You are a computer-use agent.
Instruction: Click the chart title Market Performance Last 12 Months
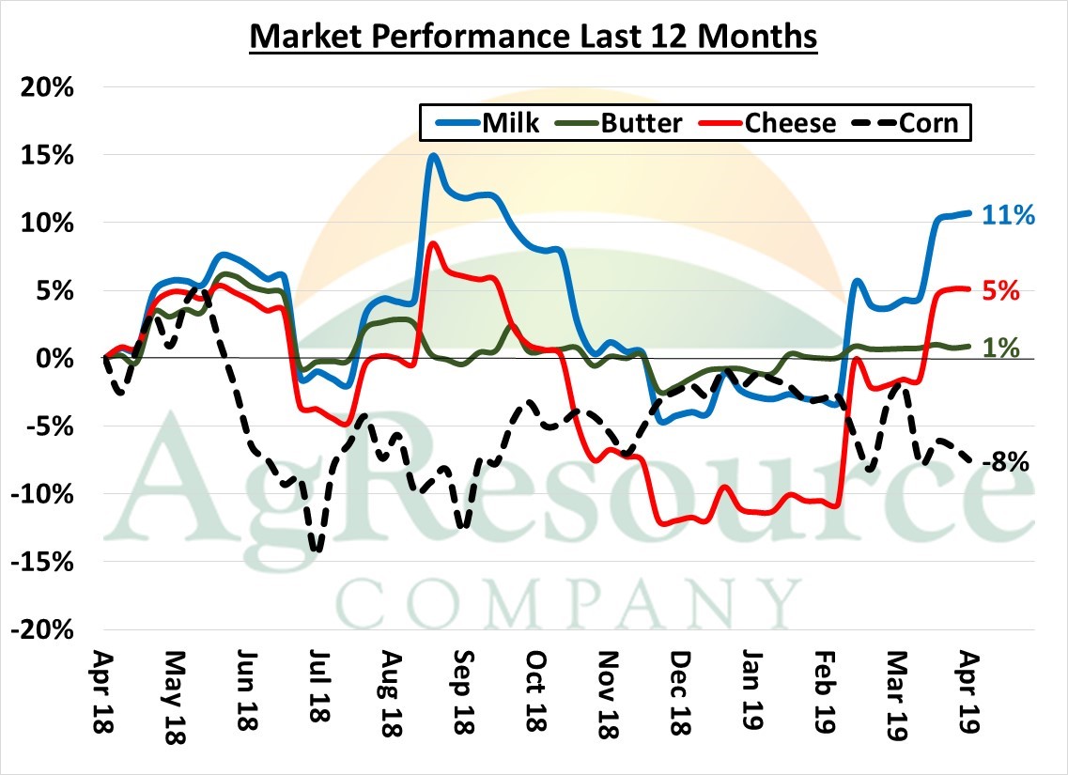(x=534, y=38)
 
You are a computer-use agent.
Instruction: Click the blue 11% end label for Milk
(x=1008, y=215)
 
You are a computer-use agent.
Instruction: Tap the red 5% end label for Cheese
(x=1001, y=290)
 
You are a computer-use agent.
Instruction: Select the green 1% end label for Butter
(x=1001, y=348)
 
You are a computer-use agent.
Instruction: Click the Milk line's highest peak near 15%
(x=432, y=156)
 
